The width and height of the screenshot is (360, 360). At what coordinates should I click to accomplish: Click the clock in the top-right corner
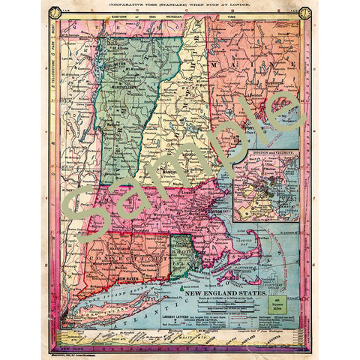click(305, 13)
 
